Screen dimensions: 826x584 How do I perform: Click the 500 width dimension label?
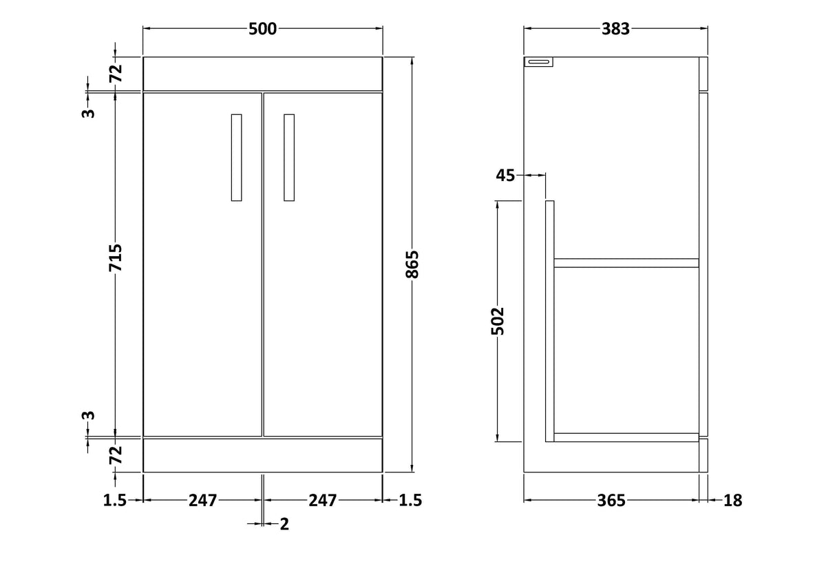coord(262,29)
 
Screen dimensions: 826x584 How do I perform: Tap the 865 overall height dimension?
coord(412,264)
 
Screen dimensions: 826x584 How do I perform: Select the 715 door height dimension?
coord(116,258)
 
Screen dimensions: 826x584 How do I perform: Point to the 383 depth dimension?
coord(615,29)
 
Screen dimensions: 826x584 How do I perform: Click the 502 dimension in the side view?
coord(498,321)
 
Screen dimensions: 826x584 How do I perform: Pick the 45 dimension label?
coord(505,176)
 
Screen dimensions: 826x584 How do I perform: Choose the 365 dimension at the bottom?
coord(611,501)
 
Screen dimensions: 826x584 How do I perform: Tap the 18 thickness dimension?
coord(732,501)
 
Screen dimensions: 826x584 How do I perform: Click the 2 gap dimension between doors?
coord(284,524)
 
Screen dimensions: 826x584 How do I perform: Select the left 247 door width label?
coord(203,501)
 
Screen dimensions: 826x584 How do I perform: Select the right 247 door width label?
coord(323,501)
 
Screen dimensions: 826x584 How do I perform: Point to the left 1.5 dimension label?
coord(115,501)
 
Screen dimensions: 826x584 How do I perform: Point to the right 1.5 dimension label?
coord(410,501)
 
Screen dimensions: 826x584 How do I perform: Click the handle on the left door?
coord(236,158)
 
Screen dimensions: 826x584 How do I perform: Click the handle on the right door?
coord(289,158)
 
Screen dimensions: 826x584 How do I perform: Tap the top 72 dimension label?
coord(116,73)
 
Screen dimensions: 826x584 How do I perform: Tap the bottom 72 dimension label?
coord(116,455)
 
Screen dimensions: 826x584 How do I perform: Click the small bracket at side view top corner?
coord(539,61)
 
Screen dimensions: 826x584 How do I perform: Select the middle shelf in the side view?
coord(626,263)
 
